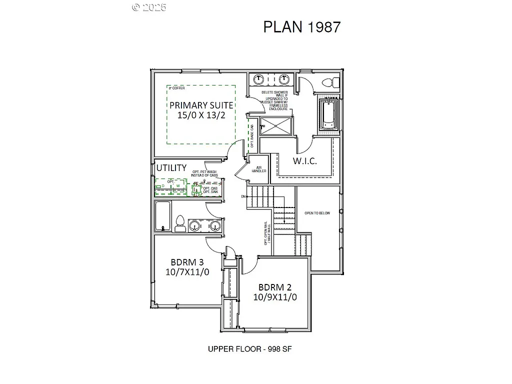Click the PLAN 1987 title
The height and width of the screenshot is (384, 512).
301,26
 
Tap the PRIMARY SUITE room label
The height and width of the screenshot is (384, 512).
201,105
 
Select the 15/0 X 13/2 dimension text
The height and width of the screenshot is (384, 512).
201,115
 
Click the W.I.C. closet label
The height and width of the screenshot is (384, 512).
304,161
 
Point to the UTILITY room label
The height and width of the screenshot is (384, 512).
171,167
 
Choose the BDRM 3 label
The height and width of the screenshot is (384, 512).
186,262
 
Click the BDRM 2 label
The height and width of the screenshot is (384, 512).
274,287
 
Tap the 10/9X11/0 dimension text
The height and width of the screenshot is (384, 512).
274,297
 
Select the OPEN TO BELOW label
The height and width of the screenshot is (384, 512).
317,213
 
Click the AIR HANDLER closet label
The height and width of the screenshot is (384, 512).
259,169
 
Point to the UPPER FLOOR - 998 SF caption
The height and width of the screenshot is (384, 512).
249,349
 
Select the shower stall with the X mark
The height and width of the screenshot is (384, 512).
276,126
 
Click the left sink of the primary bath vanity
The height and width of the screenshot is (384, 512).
258,79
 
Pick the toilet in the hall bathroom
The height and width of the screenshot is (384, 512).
180,224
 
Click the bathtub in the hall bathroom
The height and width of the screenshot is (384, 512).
162,216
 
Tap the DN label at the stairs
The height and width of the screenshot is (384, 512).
243,196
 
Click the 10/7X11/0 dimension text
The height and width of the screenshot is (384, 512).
186,271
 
